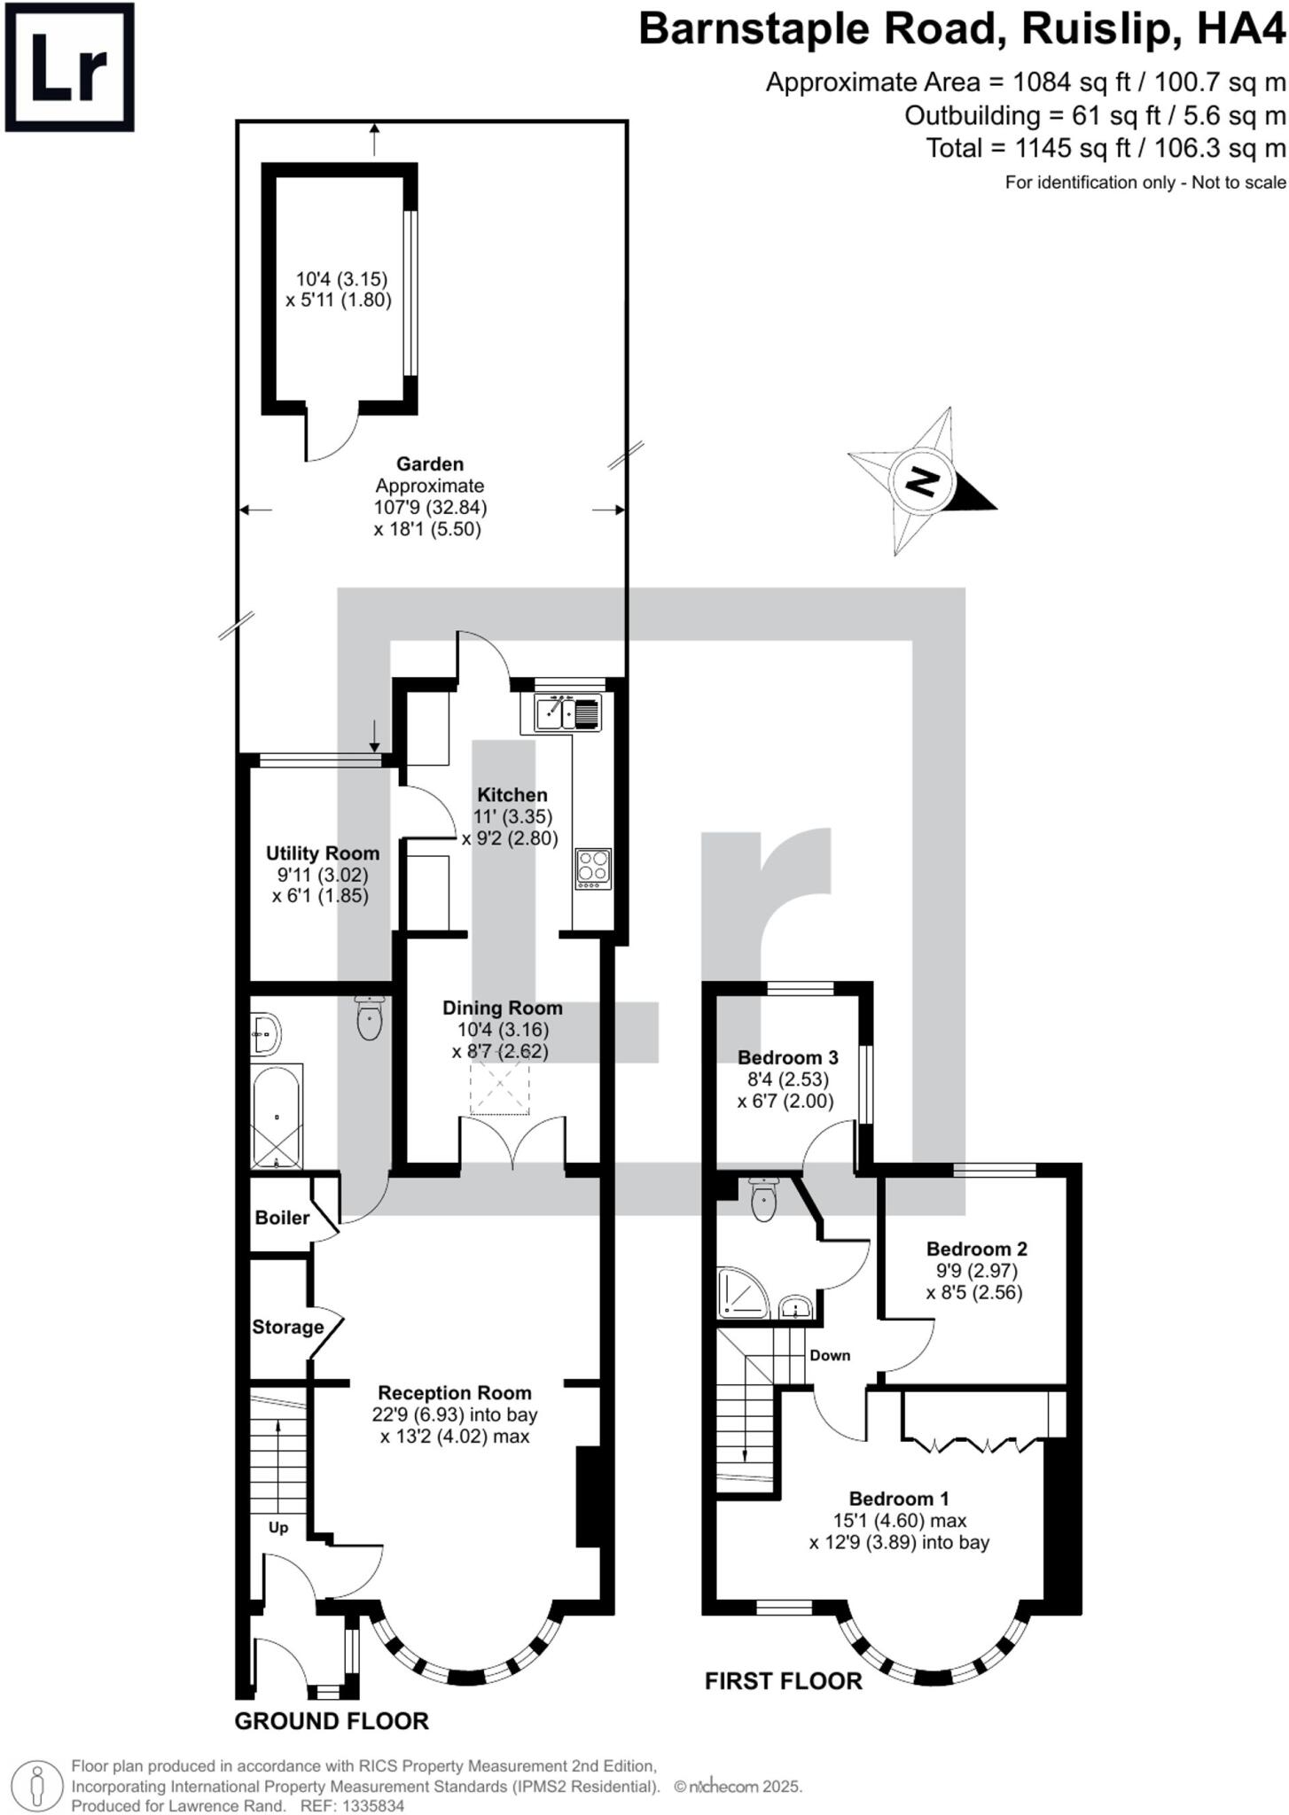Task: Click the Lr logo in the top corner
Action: [x=69, y=67]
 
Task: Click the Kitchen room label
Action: [x=512, y=795]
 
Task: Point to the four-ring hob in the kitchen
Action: [x=593, y=869]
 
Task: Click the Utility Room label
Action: [x=322, y=853]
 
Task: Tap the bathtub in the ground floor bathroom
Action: [x=277, y=1118]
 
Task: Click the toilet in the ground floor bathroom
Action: [x=369, y=1018]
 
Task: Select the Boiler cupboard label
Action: [x=282, y=1218]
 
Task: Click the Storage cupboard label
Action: [x=287, y=1327]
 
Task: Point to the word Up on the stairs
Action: [x=278, y=1527]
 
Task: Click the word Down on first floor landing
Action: [x=829, y=1355]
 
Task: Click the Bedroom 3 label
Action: [x=787, y=1057]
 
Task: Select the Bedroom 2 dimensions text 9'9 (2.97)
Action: [x=975, y=1271]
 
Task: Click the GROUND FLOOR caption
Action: [x=331, y=1721]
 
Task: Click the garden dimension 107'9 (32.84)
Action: [x=430, y=508]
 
